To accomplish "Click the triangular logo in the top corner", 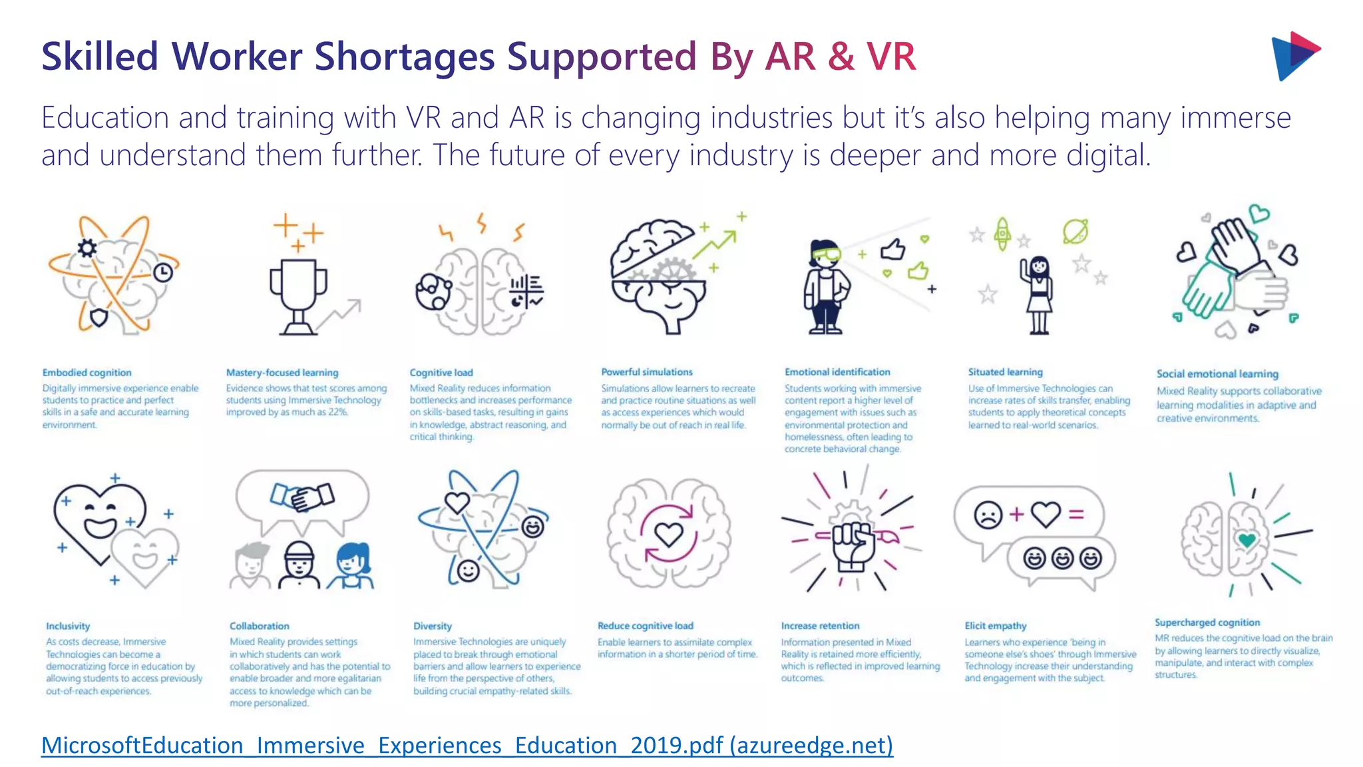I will (x=1294, y=56).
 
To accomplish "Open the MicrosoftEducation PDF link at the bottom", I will (x=467, y=745).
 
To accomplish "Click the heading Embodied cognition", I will (x=87, y=373).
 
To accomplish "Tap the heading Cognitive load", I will (x=441, y=373).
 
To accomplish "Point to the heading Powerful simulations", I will (x=647, y=372).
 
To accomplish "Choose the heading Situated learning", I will (x=1005, y=372).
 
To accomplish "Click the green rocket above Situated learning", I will (x=1002, y=234).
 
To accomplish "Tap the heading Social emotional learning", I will (x=1217, y=374).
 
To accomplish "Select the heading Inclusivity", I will (x=68, y=626).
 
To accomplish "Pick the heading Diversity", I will (x=433, y=626).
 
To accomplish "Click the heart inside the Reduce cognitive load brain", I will (x=669, y=533).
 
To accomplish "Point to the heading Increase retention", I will (x=820, y=626).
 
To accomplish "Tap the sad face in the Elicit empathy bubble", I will (x=988, y=515).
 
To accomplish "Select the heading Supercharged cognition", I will (x=1207, y=623).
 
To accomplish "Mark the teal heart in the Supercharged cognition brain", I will (x=1247, y=539).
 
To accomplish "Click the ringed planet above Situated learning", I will (x=1075, y=231).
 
